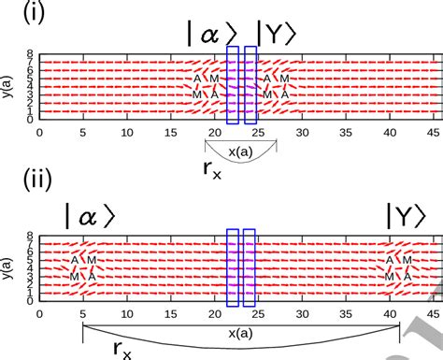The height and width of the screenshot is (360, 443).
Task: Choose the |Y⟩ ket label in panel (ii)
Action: click(409, 215)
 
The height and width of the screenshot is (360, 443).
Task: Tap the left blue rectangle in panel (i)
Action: click(233, 85)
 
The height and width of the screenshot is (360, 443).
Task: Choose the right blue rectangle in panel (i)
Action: click(250, 85)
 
